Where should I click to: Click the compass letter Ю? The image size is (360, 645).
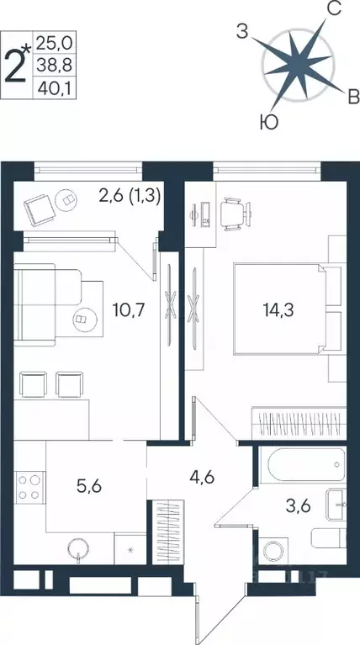pos(267,124)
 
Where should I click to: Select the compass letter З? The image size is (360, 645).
pos(242,33)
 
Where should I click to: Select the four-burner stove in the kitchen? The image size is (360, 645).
pos(28,489)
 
